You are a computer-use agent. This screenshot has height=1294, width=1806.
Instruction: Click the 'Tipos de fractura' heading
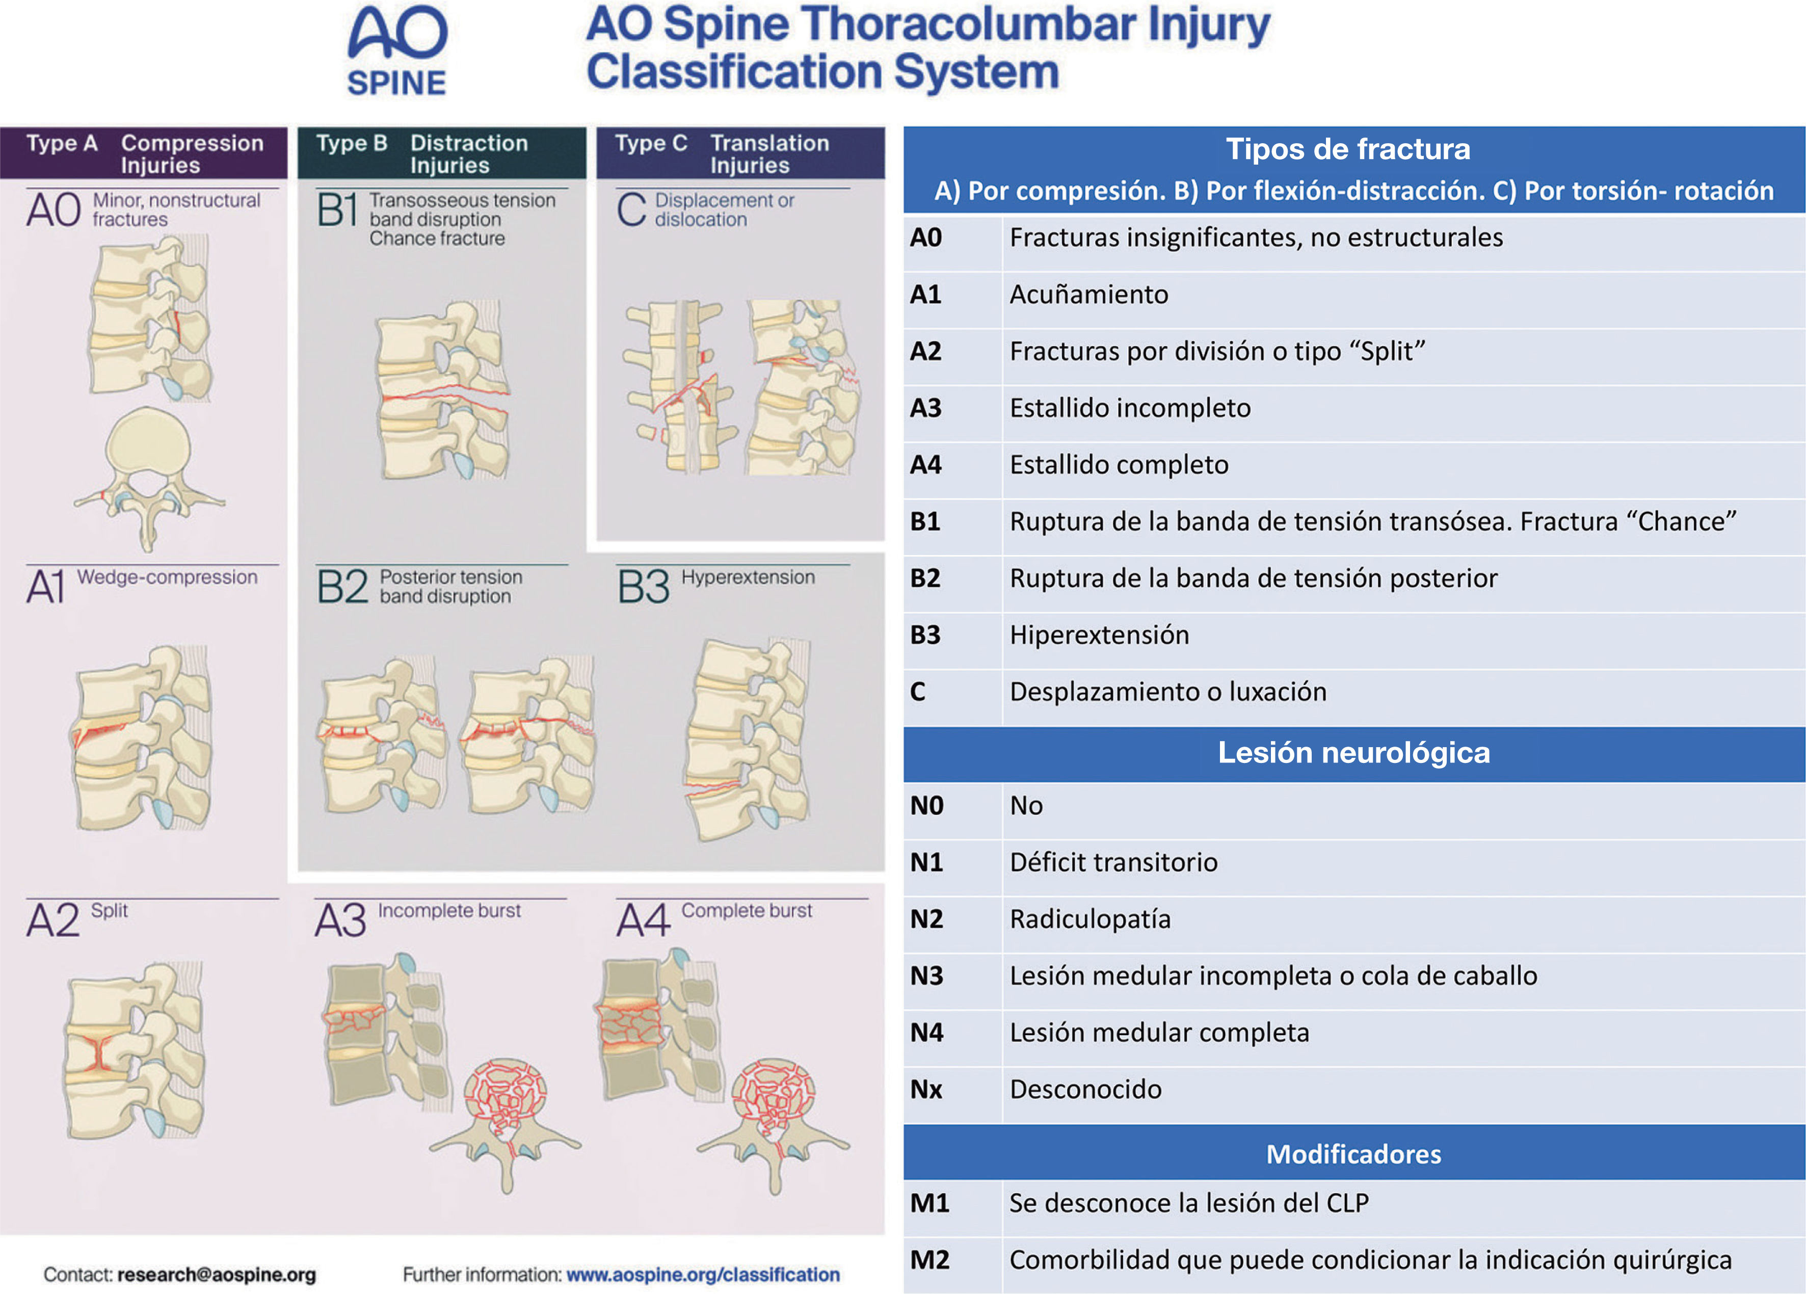point(1347,149)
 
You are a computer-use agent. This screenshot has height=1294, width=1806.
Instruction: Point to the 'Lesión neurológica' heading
point(1353,753)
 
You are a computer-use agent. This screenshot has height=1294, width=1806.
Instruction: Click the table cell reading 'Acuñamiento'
point(1088,295)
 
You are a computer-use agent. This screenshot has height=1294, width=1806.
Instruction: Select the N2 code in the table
point(927,919)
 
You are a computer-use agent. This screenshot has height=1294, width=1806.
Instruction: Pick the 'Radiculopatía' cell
point(1090,919)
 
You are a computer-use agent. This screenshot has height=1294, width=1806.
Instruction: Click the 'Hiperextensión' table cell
point(1099,635)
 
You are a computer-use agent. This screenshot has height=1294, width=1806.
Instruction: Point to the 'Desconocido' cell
point(1085,1089)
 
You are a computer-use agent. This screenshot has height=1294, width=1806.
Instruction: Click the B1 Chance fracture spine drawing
point(442,390)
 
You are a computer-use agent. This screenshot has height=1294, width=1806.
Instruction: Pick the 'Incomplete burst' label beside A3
point(449,910)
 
